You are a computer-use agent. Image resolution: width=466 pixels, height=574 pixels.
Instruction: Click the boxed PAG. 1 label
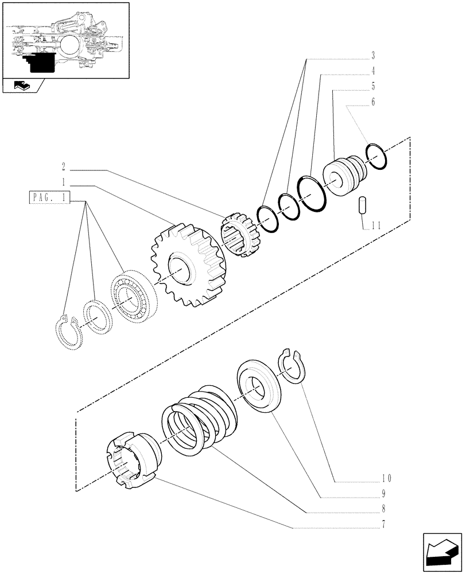49,199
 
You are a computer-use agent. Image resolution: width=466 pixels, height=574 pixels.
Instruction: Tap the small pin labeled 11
362,205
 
